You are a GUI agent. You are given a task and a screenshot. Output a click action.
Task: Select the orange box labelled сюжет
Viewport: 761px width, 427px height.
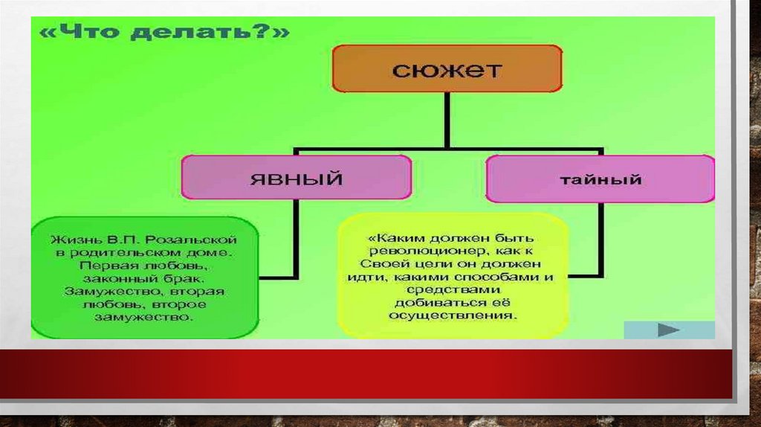(x=447, y=69)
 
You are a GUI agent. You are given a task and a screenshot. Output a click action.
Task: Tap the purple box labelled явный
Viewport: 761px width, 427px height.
(x=296, y=178)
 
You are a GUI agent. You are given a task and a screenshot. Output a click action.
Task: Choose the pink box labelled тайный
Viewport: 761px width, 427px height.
(x=600, y=179)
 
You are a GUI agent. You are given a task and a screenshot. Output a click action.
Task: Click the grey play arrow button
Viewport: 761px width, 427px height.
(x=669, y=330)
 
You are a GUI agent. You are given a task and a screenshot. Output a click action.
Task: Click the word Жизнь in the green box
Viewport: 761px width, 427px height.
(x=71, y=240)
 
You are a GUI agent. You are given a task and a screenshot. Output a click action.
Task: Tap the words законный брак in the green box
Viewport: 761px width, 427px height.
(x=144, y=277)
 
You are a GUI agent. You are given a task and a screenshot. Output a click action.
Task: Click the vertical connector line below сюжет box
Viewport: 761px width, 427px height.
(x=447, y=118)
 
